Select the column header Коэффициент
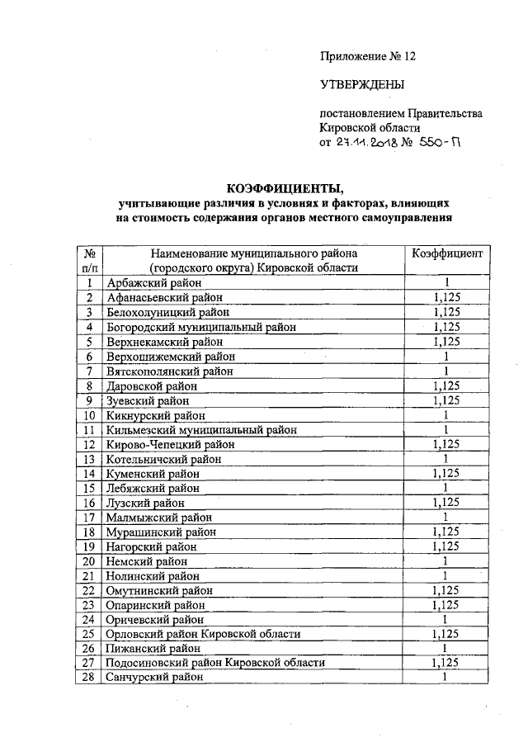coord(445,253)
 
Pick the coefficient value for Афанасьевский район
coord(445,297)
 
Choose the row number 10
coord(90,415)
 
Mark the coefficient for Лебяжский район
coord(445,488)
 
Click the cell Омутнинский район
coord(159,591)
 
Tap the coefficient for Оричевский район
coord(445,619)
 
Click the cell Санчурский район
coord(152,678)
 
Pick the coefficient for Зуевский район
coord(445,400)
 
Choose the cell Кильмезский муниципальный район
coord(201,430)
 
